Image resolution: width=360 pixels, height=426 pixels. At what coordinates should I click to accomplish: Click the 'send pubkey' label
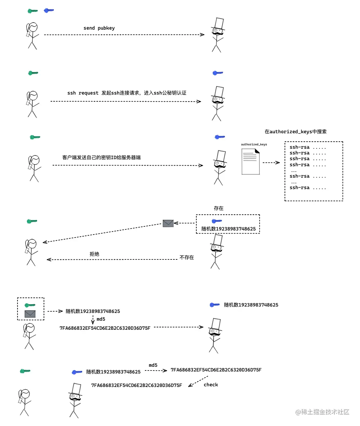click(99, 28)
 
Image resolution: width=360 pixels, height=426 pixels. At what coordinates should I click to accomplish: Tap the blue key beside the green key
click(49, 10)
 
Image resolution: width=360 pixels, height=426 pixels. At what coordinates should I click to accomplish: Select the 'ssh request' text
click(83, 93)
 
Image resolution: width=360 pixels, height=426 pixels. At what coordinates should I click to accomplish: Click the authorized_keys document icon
click(251, 162)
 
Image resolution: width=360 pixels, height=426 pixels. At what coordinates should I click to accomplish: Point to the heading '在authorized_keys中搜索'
click(295, 132)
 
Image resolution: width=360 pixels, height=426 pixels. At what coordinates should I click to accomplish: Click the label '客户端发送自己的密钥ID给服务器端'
click(101, 157)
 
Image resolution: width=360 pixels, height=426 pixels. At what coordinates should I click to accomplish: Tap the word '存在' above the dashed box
click(219, 208)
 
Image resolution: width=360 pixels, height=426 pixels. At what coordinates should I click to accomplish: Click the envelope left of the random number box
click(168, 223)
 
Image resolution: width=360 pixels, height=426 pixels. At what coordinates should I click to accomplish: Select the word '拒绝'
click(94, 254)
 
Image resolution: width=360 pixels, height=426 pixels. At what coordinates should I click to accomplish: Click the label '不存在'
click(187, 257)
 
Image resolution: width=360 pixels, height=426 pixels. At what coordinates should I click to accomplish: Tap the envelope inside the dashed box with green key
click(30, 314)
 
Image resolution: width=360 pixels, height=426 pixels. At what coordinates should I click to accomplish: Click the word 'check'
click(211, 385)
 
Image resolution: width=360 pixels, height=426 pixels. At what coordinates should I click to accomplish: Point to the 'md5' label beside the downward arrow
click(101, 319)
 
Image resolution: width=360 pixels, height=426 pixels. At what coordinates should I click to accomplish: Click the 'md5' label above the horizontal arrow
click(153, 365)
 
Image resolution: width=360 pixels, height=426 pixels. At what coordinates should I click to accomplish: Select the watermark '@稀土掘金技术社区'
click(322, 412)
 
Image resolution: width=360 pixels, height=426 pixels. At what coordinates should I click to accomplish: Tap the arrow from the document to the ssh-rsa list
click(271, 163)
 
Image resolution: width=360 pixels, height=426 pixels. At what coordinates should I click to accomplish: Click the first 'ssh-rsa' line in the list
click(307, 147)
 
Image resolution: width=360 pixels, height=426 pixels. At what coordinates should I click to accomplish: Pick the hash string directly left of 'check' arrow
click(136, 385)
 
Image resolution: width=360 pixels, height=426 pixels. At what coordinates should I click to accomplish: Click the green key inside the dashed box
click(30, 305)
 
